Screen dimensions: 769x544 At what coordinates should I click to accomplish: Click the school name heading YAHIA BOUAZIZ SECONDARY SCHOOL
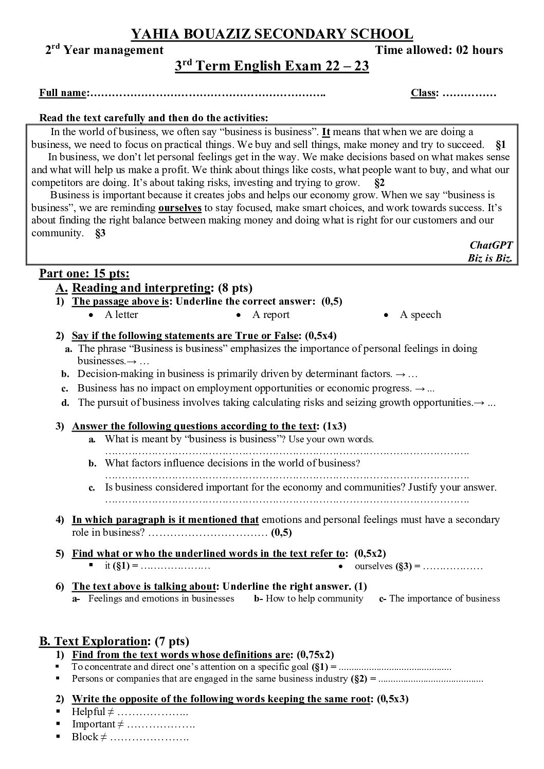[x=272, y=34]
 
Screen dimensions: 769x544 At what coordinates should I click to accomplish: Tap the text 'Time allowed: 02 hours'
[x=439, y=50]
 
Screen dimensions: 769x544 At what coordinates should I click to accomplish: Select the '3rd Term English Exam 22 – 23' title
[x=272, y=66]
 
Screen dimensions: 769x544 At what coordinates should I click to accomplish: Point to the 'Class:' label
[x=425, y=93]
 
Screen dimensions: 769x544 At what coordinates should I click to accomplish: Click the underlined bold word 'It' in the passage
[x=325, y=132]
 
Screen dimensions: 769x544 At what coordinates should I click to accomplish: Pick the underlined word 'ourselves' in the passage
[x=180, y=208]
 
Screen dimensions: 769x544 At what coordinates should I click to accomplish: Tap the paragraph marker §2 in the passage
[x=379, y=182]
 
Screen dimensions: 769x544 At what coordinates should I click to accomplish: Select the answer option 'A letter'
[x=121, y=314]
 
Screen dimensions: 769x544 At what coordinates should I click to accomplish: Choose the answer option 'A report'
[x=271, y=314]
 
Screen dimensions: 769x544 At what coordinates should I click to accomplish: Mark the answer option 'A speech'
[x=420, y=314]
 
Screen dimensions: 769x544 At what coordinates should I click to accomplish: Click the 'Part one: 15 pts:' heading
[x=84, y=273]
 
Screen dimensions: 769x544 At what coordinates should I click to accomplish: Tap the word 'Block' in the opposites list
[x=85, y=737]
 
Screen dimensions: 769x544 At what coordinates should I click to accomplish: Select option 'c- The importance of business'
[x=440, y=598]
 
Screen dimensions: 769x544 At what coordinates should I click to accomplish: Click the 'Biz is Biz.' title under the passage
[x=490, y=258]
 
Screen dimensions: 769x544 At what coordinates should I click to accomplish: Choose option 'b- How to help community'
[x=309, y=598]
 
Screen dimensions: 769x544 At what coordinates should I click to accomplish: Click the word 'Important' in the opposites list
[x=94, y=724]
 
